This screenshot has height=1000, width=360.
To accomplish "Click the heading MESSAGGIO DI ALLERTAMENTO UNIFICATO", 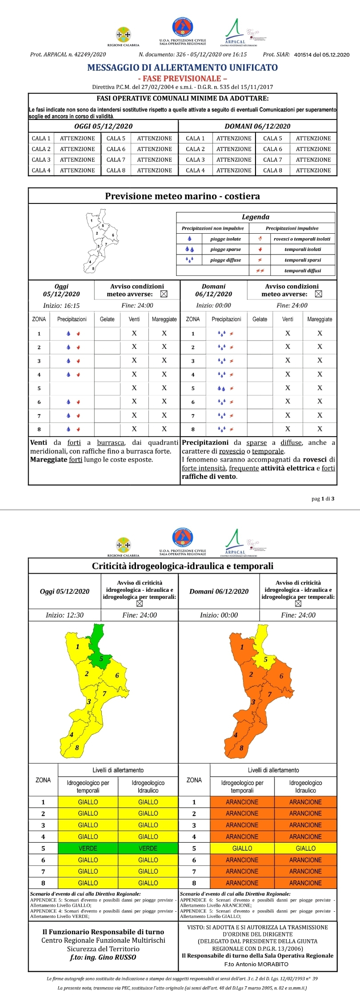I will pos(182,68).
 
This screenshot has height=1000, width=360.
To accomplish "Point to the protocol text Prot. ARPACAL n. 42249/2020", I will pos(68,55).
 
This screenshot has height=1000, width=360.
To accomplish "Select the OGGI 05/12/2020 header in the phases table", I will pos(103,126).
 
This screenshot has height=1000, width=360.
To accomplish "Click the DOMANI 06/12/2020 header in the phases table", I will pos(257,126).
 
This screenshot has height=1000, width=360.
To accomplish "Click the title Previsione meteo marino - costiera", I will pos(182,196).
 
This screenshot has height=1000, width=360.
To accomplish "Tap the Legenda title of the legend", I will pos(255,217).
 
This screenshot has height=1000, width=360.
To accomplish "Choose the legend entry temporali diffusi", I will pos(302,271).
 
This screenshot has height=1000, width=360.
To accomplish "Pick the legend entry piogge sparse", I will pos(225,250).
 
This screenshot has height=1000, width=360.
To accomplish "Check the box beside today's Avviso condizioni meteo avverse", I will pos(164,294).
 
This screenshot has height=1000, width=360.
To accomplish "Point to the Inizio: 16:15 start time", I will pos(61,306).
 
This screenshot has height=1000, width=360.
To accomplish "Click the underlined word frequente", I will pos(244,468).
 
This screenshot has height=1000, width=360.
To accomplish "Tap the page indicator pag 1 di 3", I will pos(323,498).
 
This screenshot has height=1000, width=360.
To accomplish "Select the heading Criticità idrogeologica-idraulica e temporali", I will pos(182,566).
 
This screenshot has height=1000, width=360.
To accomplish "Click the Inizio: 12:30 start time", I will pos(64,615).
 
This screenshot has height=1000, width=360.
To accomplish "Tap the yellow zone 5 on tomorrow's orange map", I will pos(265,658).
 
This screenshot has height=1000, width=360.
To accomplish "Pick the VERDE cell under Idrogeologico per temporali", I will pos(88,848).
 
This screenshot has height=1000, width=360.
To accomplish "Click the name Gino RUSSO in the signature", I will pos(119,957).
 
